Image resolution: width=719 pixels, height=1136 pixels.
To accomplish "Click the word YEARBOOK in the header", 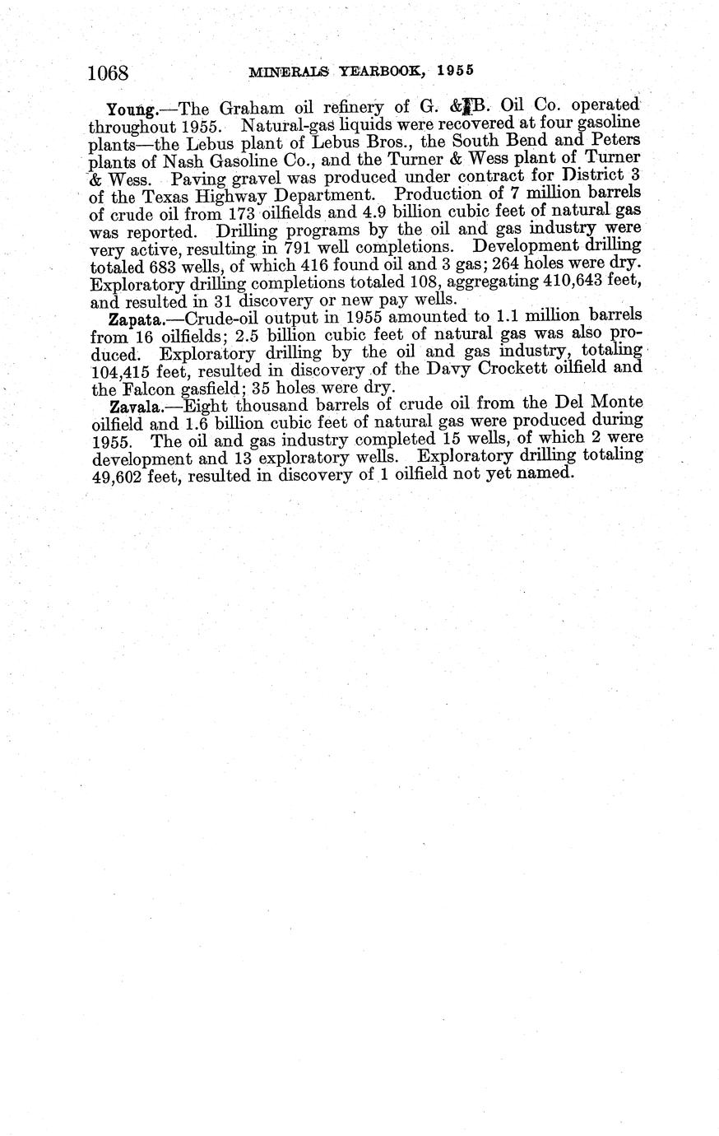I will pyautogui.click(x=379, y=71).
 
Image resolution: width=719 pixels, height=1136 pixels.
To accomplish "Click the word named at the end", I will pyautogui.click(x=544, y=474).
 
